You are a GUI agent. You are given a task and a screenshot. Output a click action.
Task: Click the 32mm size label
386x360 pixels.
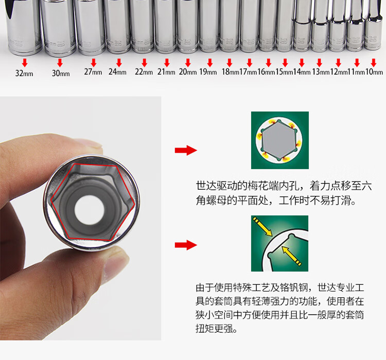[x=24, y=73]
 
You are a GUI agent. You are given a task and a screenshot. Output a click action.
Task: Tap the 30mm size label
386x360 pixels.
[x=61, y=73]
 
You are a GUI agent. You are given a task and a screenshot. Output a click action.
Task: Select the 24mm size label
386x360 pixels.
[x=117, y=71]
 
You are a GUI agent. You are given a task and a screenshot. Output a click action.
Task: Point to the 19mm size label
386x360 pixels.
[x=208, y=71]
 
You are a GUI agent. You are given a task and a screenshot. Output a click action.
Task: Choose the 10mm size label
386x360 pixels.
[x=374, y=71]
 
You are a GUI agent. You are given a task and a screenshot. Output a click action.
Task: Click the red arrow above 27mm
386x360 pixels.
[x=94, y=63]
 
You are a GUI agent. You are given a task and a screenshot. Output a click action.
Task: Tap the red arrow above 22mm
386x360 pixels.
[x=145, y=63]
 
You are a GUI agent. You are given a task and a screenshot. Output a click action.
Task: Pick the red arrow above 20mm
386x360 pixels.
[x=188, y=63]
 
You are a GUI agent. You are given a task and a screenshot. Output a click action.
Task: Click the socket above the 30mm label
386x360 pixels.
[x=58, y=27]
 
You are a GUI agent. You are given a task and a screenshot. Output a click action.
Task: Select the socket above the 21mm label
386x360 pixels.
[x=166, y=26]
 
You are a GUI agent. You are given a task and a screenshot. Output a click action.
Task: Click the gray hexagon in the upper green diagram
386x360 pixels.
[x=279, y=140]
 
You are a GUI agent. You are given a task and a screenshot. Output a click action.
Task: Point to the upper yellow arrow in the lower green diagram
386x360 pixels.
[x=262, y=226]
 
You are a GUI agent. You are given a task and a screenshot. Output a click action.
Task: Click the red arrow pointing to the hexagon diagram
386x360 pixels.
[x=186, y=150]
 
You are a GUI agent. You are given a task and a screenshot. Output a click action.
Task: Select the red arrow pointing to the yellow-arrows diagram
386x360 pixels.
[x=186, y=245]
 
